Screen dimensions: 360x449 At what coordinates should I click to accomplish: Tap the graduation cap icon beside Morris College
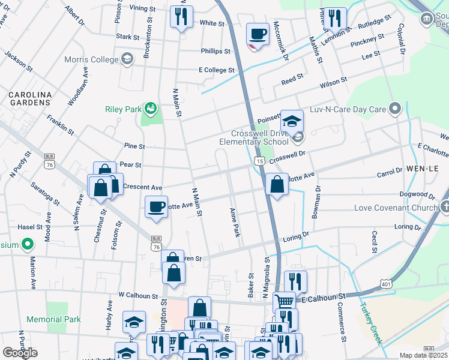tap(127, 59)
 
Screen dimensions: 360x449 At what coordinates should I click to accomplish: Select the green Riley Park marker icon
tap(151, 109)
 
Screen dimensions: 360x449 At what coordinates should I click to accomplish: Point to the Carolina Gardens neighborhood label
tap(29, 98)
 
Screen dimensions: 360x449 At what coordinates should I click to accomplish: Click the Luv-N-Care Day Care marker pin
tap(394, 109)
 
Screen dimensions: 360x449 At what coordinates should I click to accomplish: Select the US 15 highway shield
tap(259, 161)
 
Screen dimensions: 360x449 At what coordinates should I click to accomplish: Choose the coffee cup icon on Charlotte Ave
tap(156, 207)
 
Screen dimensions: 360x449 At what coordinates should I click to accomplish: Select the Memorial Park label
tap(53, 319)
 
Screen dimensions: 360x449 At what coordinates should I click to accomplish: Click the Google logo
tap(20, 353)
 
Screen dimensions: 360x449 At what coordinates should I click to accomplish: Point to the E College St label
tap(217, 70)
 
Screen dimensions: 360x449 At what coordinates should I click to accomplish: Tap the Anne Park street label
tap(235, 222)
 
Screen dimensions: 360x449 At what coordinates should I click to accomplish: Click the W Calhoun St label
tap(141, 295)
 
